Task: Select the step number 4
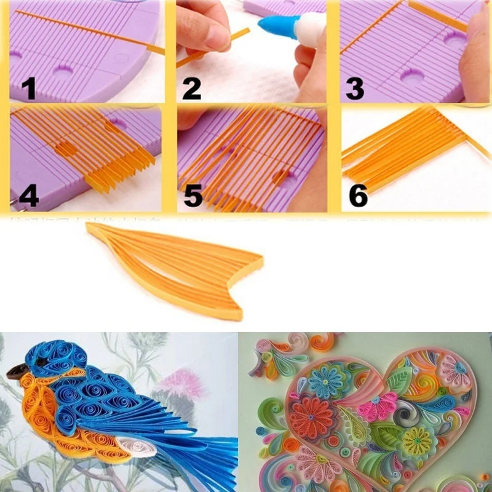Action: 28,196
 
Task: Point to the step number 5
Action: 193,196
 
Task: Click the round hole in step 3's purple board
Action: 411,77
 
